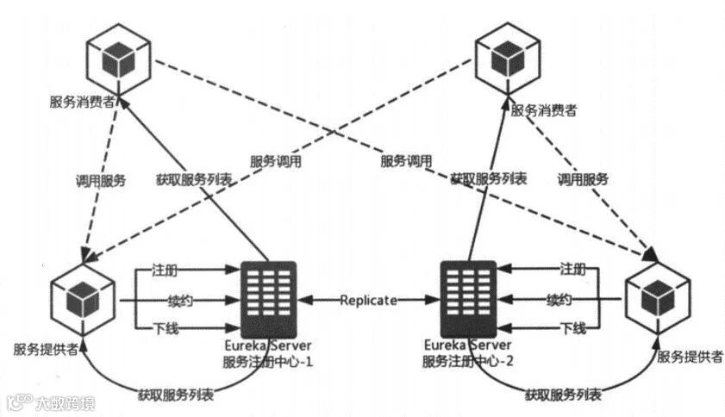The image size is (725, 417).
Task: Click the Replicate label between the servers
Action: click(368, 301)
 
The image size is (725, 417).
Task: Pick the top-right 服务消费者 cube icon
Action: click(510, 58)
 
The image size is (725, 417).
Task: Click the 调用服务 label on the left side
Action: click(100, 181)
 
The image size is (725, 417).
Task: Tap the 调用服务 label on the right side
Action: click(583, 180)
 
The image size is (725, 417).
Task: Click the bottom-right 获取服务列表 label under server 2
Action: click(563, 395)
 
